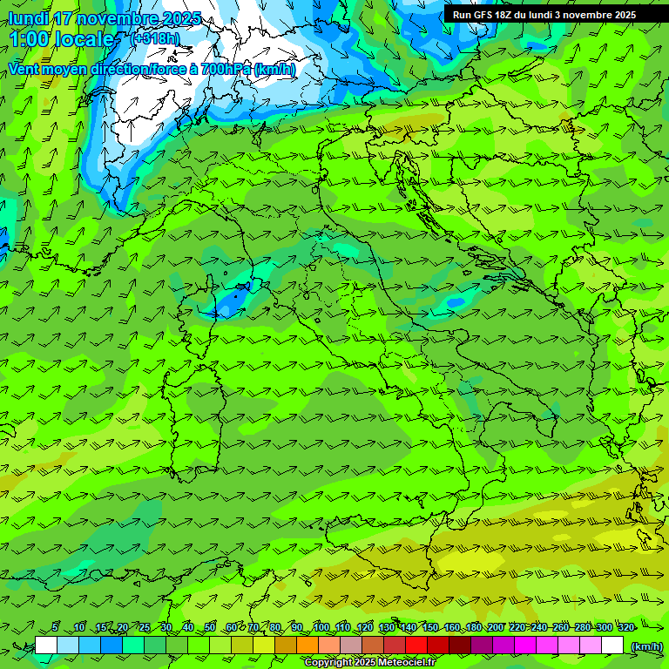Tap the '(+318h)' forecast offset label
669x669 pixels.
[x=155, y=38]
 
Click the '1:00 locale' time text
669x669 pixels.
[x=62, y=39]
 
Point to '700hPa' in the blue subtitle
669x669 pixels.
[x=226, y=69]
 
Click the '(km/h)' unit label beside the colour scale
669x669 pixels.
[x=646, y=646]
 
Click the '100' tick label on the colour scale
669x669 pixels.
[x=321, y=627]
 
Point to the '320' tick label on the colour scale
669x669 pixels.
[x=625, y=627]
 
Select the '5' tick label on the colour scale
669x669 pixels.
[x=55, y=627]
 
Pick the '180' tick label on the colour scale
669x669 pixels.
[x=473, y=627]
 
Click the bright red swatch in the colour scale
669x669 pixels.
[x=416, y=645]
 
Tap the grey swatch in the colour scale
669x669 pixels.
[x=351, y=645]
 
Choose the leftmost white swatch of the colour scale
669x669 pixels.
[x=46, y=645]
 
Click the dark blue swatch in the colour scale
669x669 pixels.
[x=111, y=645]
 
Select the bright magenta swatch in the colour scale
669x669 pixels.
[x=525, y=645]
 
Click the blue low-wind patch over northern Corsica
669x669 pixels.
[x=232, y=302]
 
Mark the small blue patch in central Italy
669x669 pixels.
[x=456, y=302]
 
